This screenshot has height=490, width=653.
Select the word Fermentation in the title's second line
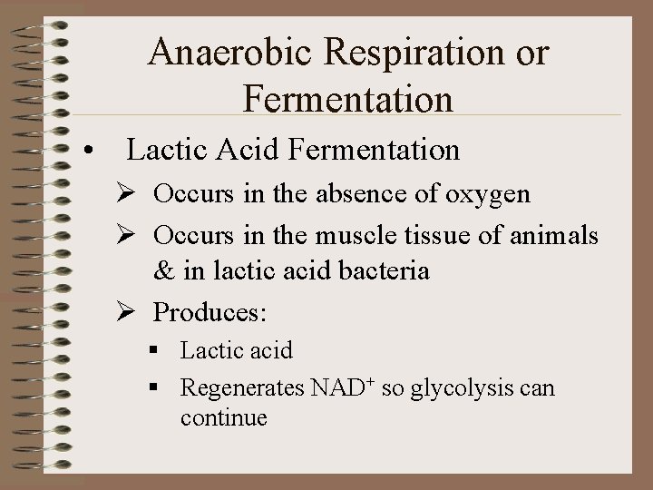click(348, 98)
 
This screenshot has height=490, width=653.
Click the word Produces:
click(210, 312)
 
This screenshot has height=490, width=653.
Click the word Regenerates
click(242, 388)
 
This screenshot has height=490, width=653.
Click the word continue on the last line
click(223, 418)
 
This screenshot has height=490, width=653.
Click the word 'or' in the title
click(531, 53)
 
